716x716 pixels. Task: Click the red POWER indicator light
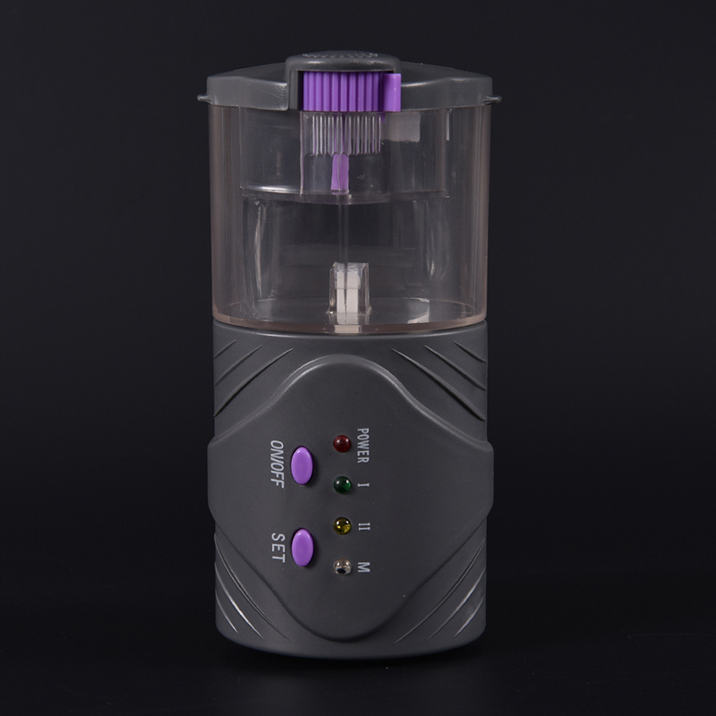342,443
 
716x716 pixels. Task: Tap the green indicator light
343,485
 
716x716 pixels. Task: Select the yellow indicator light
343,526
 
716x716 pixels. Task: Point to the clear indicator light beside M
343,567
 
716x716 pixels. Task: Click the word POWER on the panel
363,446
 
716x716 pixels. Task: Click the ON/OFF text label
277,464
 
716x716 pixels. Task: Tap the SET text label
278,548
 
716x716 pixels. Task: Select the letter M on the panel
364,567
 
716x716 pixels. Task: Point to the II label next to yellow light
364,526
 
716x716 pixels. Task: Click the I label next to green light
364,485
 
